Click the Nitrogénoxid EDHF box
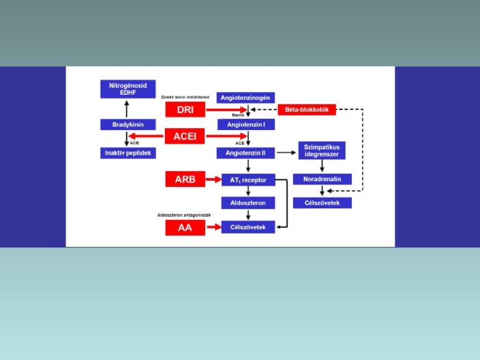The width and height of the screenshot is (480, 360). (x=128, y=88)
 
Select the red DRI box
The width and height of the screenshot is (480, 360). (x=185, y=110)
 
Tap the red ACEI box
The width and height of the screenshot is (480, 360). (x=185, y=136)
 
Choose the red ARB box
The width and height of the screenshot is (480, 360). (x=185, y=179)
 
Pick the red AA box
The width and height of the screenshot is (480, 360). (x=185, y=227)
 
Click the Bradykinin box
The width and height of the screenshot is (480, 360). (x=128, y=124)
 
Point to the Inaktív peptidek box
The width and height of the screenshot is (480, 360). (x=128, y=152)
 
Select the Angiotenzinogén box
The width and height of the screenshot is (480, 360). (x=246, y=97)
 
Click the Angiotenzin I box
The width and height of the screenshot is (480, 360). (x=246, y=124)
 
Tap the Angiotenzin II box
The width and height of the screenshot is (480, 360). (x=246, y=152)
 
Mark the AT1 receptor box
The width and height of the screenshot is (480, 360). (x=248, y=179)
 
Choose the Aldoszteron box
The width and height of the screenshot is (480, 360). (x=248, y=203)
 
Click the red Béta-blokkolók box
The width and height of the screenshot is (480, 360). (x=307, y=109)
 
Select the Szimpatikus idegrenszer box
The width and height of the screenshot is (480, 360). (x=322, y=150)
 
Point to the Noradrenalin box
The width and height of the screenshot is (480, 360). (x=322, y=179)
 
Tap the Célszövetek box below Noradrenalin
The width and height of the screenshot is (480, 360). (x=322, y=203)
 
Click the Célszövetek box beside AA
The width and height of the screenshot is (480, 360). (x=248, y=227)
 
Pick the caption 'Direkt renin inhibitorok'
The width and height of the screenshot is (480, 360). (x=185, y=97)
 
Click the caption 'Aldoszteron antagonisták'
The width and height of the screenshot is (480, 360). (x=184, y=215)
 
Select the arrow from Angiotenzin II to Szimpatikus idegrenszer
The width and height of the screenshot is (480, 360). (x=287, y=152)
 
